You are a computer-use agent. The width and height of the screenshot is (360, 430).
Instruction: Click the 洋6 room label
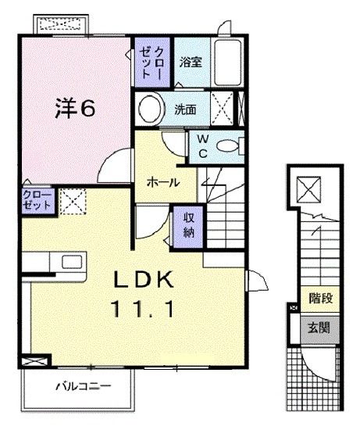(76, 109)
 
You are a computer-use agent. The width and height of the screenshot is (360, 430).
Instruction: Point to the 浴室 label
(191, 62)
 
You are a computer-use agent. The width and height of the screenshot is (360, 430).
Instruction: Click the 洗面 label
(185, 109)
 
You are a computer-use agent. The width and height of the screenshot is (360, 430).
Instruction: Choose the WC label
(201, 146)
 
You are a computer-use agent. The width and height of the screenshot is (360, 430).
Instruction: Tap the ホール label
(163, 182)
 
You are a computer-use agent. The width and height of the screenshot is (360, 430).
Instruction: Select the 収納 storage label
(189, 224)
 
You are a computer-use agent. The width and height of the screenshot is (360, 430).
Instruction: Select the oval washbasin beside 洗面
(151, 107)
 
